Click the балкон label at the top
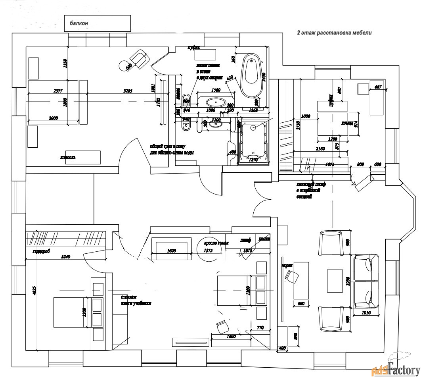tap(79, 23)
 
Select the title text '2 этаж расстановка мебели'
tap(334, 33)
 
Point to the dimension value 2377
tap(58, 91)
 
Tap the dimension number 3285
tap(127, 91)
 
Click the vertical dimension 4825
tap(34, 290)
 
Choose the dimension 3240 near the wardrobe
tap(65, 256)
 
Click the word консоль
tap(67, 157)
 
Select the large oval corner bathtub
tap(251, 75)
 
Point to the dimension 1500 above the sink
tap(216, 90)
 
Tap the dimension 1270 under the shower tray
tap(253, 160)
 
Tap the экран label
tap(287, 265)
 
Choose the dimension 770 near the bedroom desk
tap(260, 328)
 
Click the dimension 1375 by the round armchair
tap(208, 251)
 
